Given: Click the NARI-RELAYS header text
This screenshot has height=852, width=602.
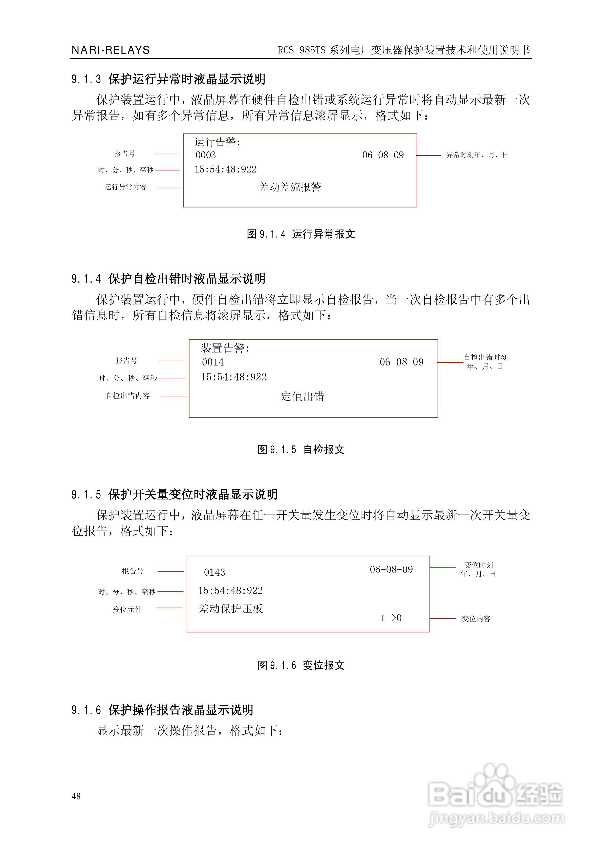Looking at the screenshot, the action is [x=111, y=50].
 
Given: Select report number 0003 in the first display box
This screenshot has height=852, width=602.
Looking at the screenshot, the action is [x=205, y=155].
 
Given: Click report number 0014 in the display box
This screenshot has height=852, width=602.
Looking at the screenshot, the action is [x=213, y=362].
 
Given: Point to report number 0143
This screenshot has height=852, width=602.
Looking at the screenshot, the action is [x=215, y=572].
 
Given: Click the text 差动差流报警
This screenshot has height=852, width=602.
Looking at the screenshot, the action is [x=290, y=187].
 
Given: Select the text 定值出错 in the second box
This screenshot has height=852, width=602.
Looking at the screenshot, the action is [x=302, y=396].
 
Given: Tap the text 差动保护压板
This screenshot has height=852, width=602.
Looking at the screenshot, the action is [x=231, y=609].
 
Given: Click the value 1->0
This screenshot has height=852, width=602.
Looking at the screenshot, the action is [x=391, y=618].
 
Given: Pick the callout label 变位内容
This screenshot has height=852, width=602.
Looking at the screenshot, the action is [x=476, y=618].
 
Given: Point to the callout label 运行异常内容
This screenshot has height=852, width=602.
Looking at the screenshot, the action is [x=125, y=187].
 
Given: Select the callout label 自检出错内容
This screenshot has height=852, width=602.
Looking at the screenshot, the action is [x=128, y=396].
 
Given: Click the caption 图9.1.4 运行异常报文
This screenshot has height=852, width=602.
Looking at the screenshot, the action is [x=301, y=234].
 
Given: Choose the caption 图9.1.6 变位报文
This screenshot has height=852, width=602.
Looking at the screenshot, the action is [x=301, y=665].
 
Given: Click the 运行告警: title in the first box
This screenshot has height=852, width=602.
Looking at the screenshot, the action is [x=217, y=142].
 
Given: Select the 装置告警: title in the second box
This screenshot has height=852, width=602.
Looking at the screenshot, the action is [x=225, y=348].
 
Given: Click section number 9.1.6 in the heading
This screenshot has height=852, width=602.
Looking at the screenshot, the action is [x=86, y=710].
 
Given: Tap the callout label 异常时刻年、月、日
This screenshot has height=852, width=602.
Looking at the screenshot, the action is [x=477, y=155].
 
